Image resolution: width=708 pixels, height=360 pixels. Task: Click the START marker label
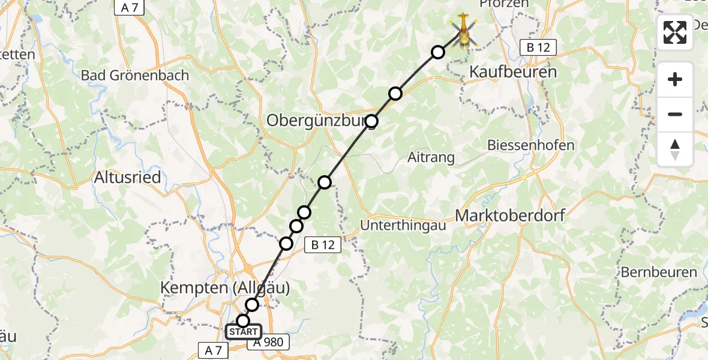pyautogui.click(x=244, y=332)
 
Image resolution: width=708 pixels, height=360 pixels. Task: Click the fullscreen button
pyautogui.click(x=675, y=32)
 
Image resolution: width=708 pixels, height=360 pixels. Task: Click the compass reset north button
pyautogui.click(x=675, y=149)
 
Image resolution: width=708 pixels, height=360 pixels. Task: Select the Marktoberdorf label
pyautogui.click(x=511, y=215)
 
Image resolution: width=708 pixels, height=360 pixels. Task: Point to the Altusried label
pyautogui.click(x=127, y=178)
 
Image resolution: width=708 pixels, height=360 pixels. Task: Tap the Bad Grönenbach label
pyautogui.click(x=134, y=76)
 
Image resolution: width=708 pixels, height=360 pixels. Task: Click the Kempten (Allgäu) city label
pyautogui.click(x=225, y=288)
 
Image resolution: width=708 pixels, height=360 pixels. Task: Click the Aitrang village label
pyautogui.click(x=431, y=158)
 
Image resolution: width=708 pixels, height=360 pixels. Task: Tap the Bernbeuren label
pyautogui.click(x=659, y=272)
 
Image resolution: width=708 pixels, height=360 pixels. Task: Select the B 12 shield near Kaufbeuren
pyautogui.click(x=538, y=47)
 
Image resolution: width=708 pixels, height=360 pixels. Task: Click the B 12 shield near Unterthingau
pyautogui.click(x=323, y=244)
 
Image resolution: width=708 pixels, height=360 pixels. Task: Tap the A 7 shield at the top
pyautogui.click(x=130, y=7)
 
